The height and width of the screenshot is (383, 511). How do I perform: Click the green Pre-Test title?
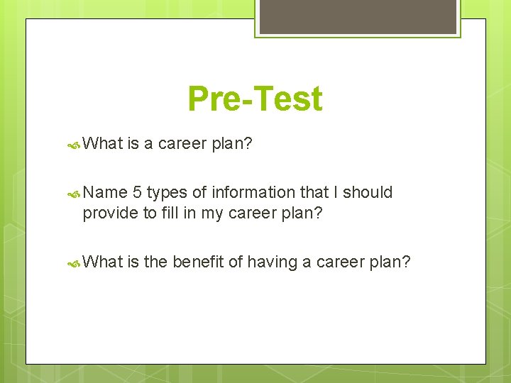[255, 99]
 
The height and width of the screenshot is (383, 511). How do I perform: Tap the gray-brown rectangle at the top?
[358, 16]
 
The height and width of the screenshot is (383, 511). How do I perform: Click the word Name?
[105, 192]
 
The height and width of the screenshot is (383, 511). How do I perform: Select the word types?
[166, 193]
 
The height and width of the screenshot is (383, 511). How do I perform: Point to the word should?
[368, 192]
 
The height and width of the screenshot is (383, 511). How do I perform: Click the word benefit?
[197, 262]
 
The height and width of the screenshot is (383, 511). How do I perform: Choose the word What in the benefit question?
[104, 262]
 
